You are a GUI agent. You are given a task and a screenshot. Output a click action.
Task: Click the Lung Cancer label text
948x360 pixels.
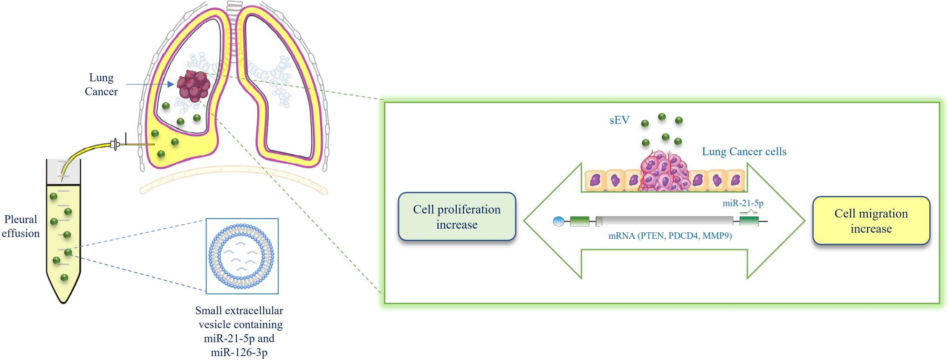click(x=101, y=84)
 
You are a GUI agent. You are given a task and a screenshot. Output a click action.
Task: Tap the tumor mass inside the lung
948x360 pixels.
click(x=194, y=86)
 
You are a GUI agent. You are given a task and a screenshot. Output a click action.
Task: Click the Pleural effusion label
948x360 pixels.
click(x=21, y=226)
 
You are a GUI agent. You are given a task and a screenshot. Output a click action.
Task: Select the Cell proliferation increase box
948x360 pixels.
click(x=457, y=217)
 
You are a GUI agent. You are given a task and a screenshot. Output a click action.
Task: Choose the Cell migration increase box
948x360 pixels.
click(x=871, y=221)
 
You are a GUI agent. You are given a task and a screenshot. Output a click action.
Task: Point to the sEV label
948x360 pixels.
click(x=619, y=120)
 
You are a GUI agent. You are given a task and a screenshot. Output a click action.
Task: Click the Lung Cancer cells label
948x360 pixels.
click(x=744, y=152)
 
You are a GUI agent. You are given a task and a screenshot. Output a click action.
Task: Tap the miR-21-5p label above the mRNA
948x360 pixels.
click(x=743, y=203)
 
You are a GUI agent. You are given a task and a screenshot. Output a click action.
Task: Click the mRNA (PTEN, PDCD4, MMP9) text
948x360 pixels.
click(x=670, y=236)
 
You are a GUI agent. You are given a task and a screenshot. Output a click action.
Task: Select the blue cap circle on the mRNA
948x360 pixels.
click(x=558, y=222)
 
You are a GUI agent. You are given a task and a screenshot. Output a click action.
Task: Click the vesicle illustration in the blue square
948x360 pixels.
click(x=242, y=256)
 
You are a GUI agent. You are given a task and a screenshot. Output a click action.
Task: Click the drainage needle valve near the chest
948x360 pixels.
click(x=115, y=144)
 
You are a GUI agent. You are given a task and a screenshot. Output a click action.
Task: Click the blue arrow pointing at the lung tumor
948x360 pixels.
click(x=149, y=84)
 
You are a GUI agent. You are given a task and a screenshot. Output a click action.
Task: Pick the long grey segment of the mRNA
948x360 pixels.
click(x=666, y=221)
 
